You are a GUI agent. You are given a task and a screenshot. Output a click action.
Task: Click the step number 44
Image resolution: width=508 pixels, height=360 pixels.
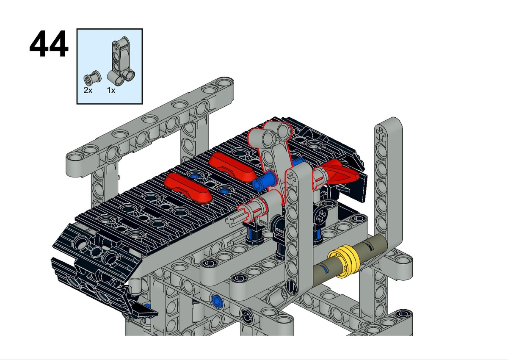click(x=49, y=44)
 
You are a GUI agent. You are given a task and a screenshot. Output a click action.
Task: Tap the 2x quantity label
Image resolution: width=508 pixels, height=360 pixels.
click(x=88, y=90)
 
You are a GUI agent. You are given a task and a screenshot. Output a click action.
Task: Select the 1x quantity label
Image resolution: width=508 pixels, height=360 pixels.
click(x=111, y=90)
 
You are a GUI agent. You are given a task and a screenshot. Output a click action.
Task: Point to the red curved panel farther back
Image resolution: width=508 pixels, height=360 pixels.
click(x=232, y=167)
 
